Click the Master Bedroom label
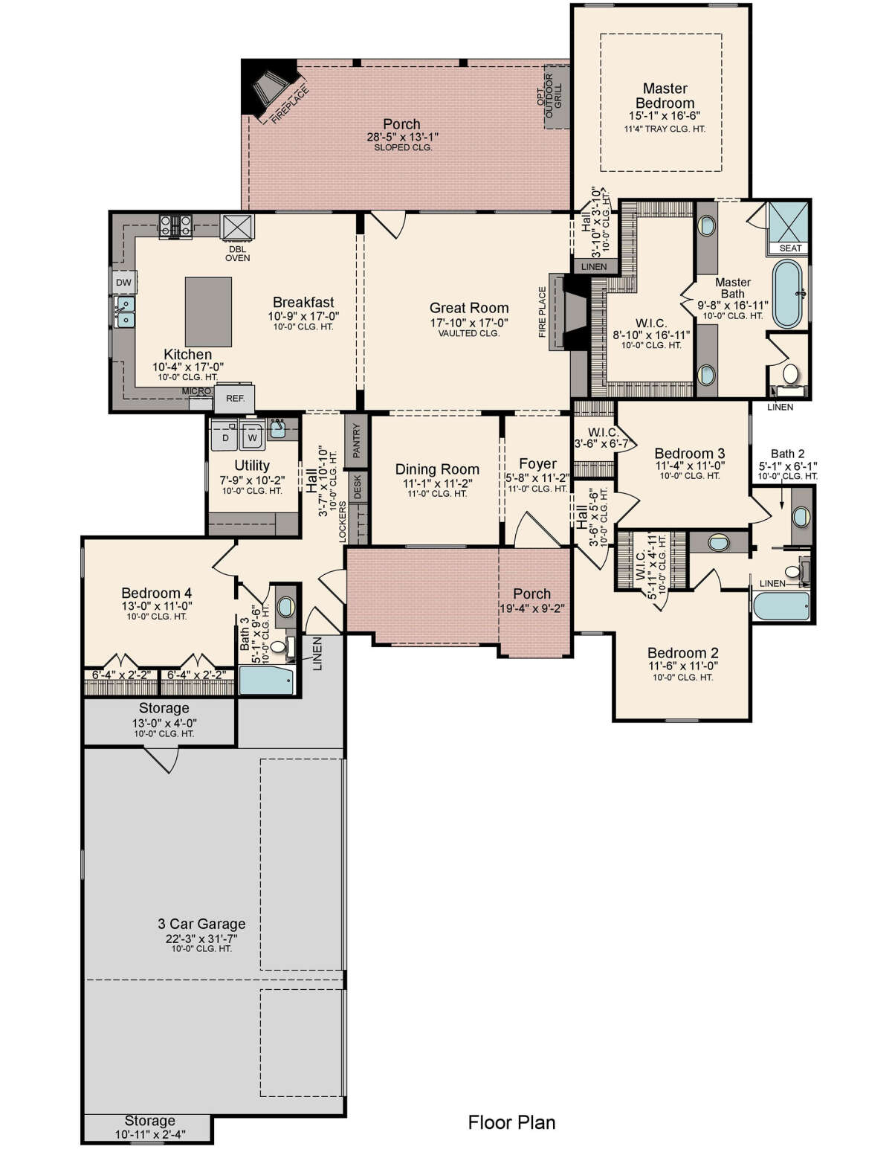pyautogui.click(x=665, y=96)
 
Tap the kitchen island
pyautogui.click(x=208, y=312)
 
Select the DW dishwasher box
pyautogui.click(x=123, y=283)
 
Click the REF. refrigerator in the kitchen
pyautogui.click(x=234, y=398)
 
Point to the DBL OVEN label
pyautogui.click(x=237, y=254)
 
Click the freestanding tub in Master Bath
pyautogui.click(x=787, y=294)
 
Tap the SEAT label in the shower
pyautogui.click(x=790, y=248)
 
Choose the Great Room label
pyautogui.click(x=468, y=308)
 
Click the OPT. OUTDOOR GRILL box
pyautogui.click(x=556, y=97)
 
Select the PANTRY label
pyautogui.click(x=357, y=440)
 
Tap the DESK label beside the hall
pyautogui.click(x=357, y=487)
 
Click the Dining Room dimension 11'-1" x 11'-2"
pyautogui.click(x=436, y=483)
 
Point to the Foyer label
pyautogui.click(x=537, y=463)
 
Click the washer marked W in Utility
pyautogui.click(x=252, y=436)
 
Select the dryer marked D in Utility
pyautogui.click(x=225, y=436)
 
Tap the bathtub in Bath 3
pyautogui.click(x=265, y=681)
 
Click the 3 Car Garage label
pyautogui.click(x=201, y=924)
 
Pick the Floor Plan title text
pyautogui.click(x=511, y=1122)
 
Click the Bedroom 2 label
pyautogui.click(x=682, y=653)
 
